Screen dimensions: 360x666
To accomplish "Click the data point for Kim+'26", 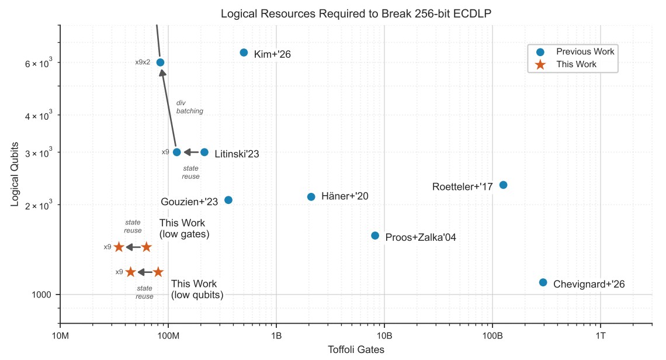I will point(244,53).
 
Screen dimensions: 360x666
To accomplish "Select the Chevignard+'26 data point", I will point(543,282).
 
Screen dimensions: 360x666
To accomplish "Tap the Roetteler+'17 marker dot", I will point(503,185).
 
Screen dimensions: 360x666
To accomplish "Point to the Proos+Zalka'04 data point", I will point(375,236).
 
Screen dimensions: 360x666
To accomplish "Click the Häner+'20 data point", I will point(311,196).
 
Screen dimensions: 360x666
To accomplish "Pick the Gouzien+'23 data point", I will point(228,200).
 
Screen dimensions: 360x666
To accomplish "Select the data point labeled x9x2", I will point(160,62).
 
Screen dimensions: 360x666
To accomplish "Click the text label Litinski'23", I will point(237,154).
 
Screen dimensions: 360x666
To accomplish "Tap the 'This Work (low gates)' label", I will point(184,229).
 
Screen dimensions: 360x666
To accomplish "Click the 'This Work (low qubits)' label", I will point(197,289).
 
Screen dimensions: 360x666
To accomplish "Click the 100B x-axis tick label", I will point(492,335).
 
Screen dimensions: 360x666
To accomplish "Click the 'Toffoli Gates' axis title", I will point(356,349).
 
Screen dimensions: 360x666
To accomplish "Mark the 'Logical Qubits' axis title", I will point(16,174).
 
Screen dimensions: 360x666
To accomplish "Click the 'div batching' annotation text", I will point(189,107).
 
